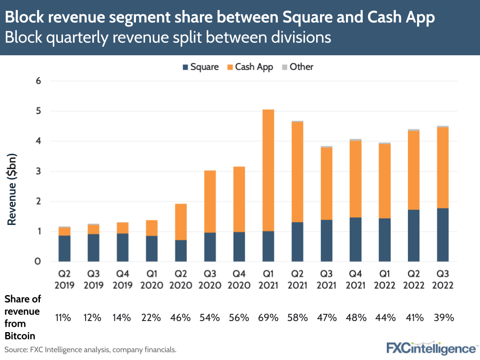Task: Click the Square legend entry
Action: (200, 67)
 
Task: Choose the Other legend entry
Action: (297, 67)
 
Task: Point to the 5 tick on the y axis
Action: (38, 111)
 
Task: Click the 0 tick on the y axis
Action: (38, 261)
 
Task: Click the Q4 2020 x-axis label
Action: (239, 280)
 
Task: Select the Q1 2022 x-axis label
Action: (385, 280)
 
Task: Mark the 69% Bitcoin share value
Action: (268, 318)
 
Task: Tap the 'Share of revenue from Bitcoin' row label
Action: (23, 317)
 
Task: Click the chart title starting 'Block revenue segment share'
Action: (220, 17)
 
